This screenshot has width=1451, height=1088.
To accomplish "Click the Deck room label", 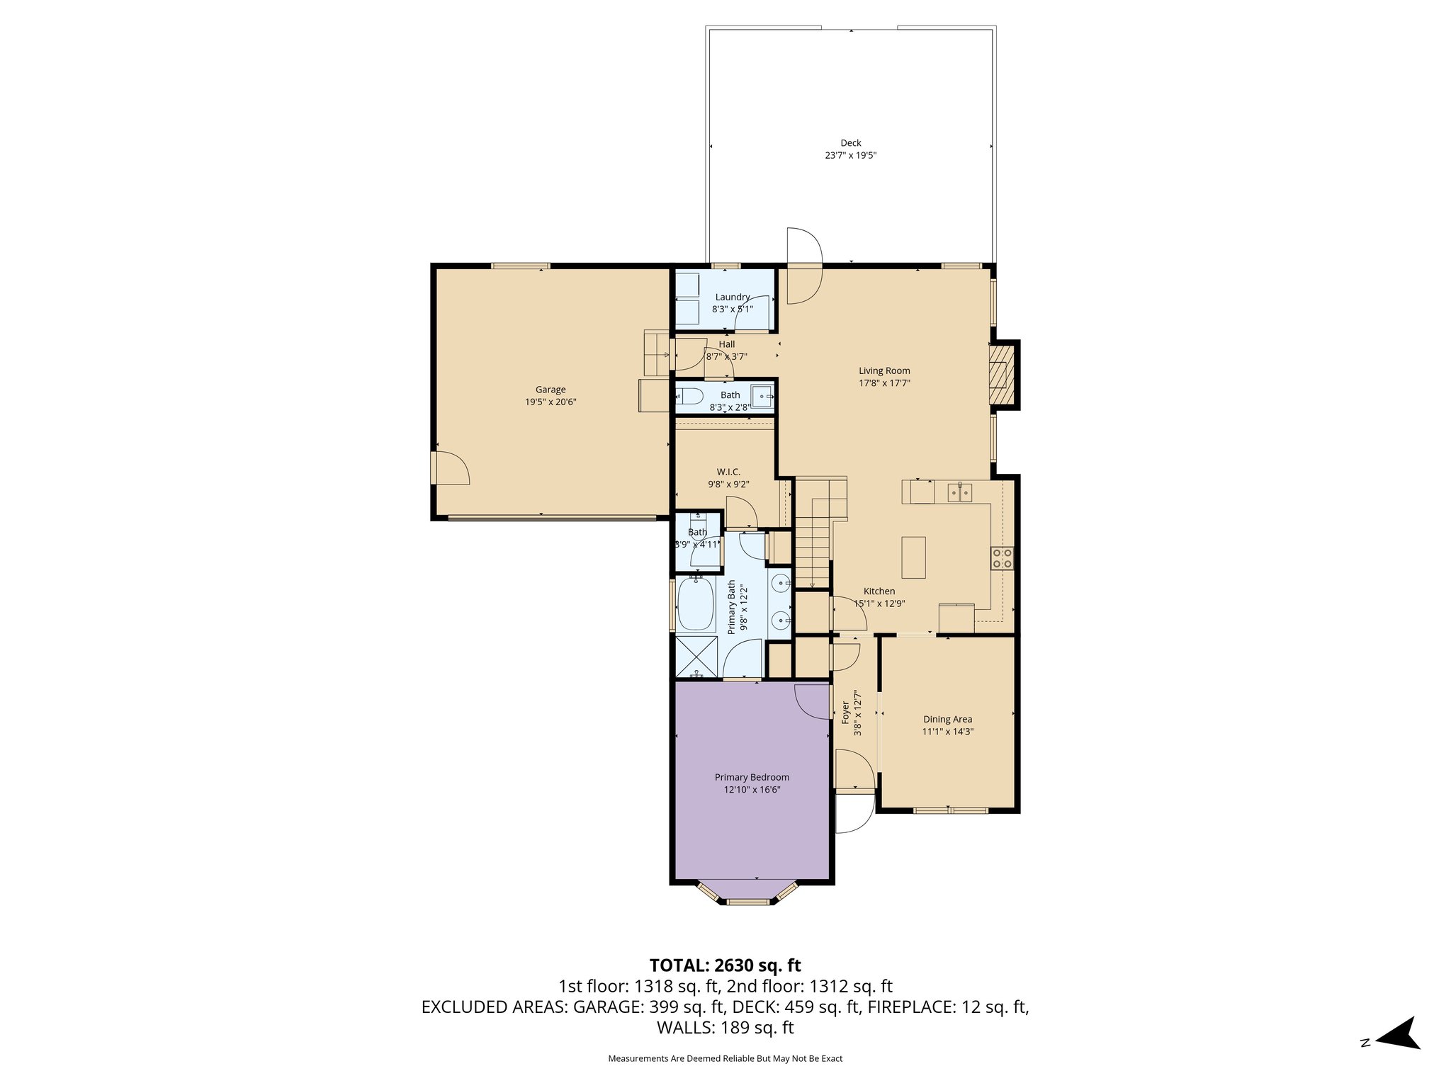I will point(850,143).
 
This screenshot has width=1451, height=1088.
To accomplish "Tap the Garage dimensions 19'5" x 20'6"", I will point(551,402).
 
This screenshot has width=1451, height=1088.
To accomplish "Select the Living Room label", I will point(884,370).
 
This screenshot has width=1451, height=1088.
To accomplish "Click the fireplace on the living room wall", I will point(1002,375).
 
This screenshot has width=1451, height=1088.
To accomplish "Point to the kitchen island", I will point(914,557).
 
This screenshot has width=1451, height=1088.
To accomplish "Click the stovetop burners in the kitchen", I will point(1002,558).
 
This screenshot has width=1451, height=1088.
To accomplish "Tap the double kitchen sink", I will point(960,491).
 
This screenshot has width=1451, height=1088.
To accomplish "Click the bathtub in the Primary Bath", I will point(696,603).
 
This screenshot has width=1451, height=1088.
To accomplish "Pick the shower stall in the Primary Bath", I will point(696,657).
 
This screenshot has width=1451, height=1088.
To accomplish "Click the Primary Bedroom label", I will point(752,777).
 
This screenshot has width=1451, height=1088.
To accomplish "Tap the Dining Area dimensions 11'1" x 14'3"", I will point(947,732).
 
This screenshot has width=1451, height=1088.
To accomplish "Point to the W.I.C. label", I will point(728,472).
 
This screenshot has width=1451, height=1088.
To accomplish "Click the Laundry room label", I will point(732,297).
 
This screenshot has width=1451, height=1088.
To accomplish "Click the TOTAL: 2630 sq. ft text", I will point(725,965).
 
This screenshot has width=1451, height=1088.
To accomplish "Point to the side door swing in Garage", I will point(451,469).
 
